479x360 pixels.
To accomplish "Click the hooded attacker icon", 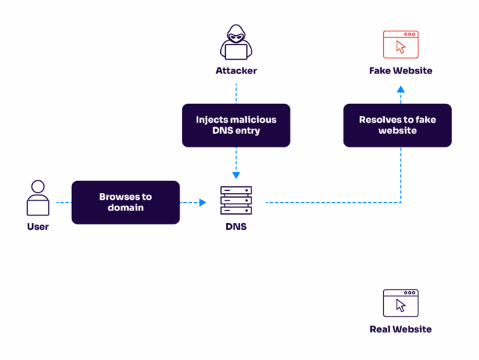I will pyautogui.click(x=236, y=43).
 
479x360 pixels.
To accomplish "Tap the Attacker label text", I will pyautogui.click(x=236, y=71).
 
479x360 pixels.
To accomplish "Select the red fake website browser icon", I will pyautogui.click(x=400, y=44).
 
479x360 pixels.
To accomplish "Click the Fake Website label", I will pyautogui.click(x=400, y=71).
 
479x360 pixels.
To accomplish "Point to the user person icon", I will pyautogui.click(x=37, y=198).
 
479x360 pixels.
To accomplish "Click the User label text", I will pyautogui.click(x=37, y=227).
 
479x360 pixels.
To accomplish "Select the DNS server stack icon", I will pyautogui.click(x=236, y=201).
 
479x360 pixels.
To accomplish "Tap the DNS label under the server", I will pyautogui.click(x=236, y=227).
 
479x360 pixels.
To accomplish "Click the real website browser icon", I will pyautogui.click(x=400, y=303).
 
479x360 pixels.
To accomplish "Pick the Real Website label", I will pyautogui.click(x=400, y=329).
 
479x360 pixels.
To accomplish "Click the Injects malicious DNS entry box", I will pyautogui.click(x=236, y=125).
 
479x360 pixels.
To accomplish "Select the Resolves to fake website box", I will pyautogui.click(x=397, y=125).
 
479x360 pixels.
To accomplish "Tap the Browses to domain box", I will pyautogui.click(x=126, y=202).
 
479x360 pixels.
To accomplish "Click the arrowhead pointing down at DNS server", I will pyautogui.click(x=236, y=176).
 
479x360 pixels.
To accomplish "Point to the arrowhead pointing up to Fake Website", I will pyautogui.click(x=400, y=89).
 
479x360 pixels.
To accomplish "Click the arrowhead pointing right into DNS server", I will pyautogui.click(x=202, y=202).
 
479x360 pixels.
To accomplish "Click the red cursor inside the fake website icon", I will pyautogui.click(x=401, y=47).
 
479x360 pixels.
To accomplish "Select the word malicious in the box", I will pyautogui.click(x=252, y=120).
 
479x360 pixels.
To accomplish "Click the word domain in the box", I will pyautogui.click(x=126, y=208).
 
